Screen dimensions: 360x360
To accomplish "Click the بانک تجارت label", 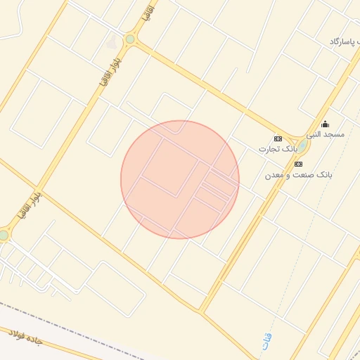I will (x=274, y=149).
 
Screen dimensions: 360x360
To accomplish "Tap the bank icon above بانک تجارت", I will (x=278, y=139).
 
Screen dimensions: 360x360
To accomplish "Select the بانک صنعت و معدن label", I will (x=299, y=174).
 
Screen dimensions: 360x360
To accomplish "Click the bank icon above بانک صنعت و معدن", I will (x=299, y=163).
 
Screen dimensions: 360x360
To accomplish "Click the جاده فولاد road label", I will (x=25, y=340).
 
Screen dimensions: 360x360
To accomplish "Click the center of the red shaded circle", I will (x=180, y=180).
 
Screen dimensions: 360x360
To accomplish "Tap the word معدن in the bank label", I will (x=274, y=174).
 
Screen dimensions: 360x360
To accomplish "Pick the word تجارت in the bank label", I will (x=266, y=149).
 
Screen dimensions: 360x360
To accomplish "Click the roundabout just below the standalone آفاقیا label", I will (x=129, y=39).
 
